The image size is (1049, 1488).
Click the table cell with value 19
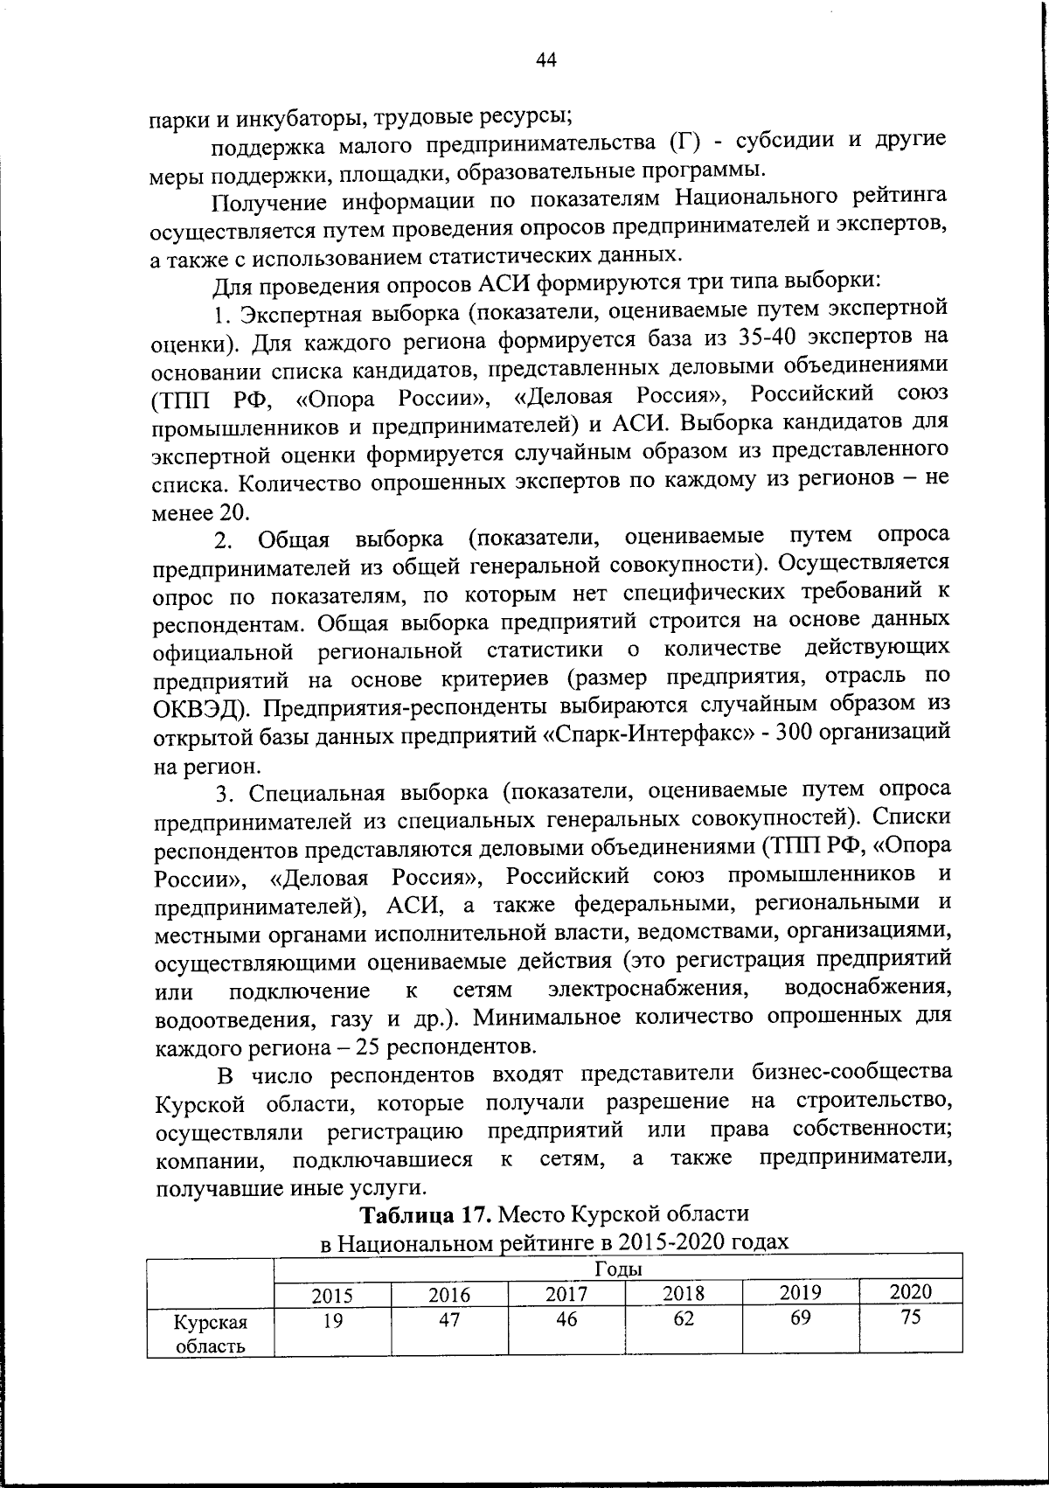333,1321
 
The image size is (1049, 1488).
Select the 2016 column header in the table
449,1295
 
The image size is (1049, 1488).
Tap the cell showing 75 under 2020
911,1318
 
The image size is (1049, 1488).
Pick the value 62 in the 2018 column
684,1319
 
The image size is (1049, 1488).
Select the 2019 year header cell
800,1293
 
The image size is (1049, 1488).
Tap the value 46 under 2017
566,1320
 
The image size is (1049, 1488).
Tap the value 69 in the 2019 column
800,1318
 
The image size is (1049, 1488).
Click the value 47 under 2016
449,1321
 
